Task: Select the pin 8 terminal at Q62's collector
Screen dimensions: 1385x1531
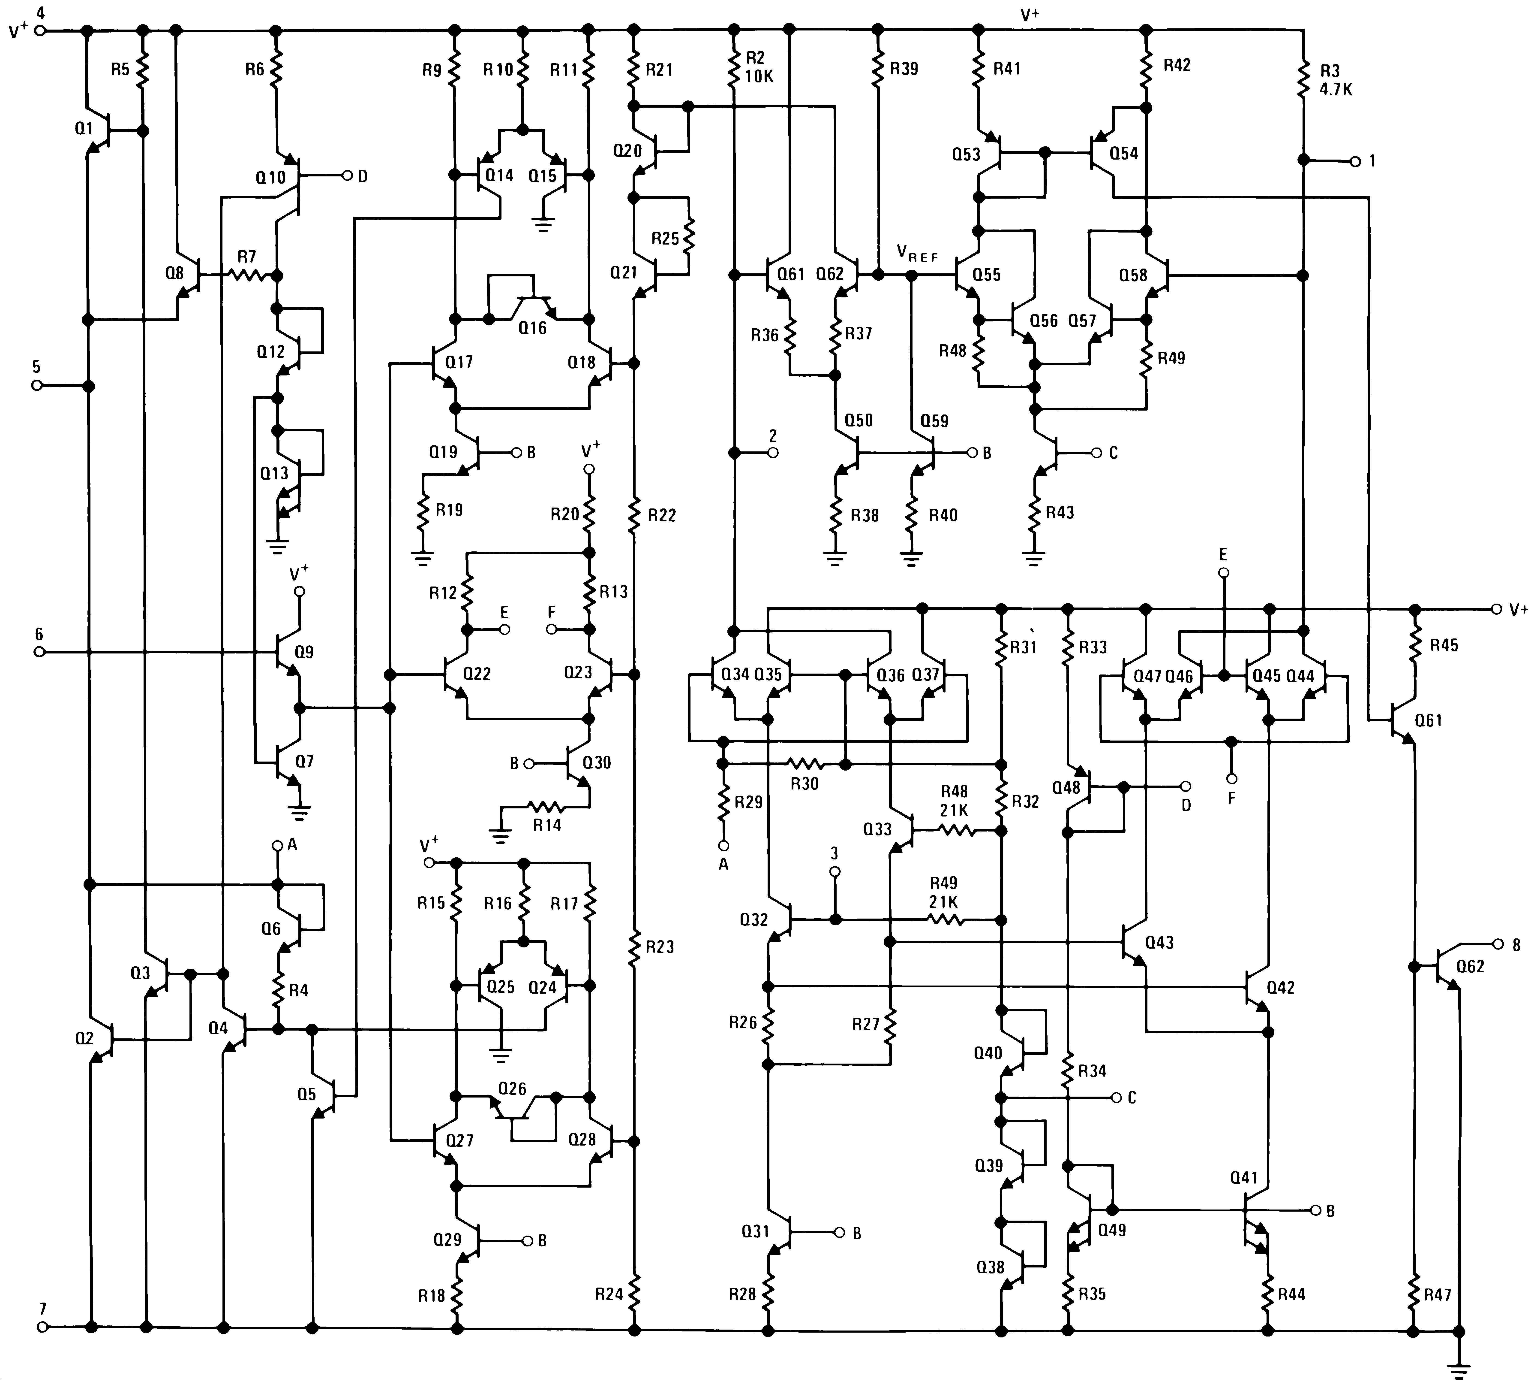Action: point(1497,944)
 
